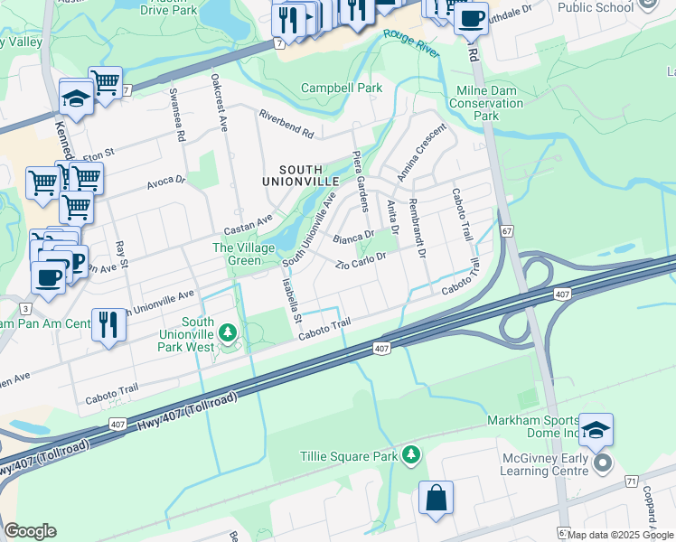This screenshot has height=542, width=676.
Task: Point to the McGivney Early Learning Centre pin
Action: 605,463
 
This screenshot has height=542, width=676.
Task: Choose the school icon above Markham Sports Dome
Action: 596,430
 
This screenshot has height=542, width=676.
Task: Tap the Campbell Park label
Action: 342,88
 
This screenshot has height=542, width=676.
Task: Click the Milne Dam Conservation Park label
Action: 486,103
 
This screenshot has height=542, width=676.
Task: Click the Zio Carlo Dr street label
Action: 361,262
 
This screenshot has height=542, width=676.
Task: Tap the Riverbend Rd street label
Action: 286,125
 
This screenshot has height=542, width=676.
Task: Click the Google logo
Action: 30,531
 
